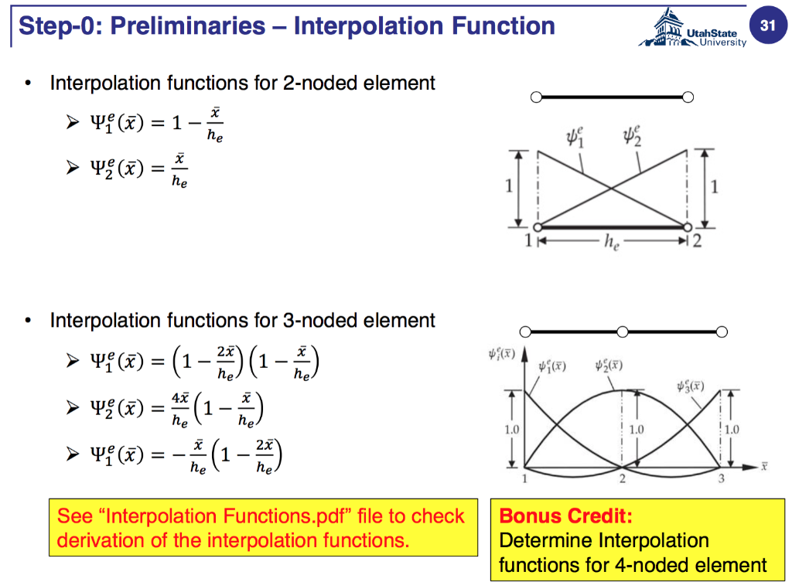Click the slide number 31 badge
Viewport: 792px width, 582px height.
coord(766,26)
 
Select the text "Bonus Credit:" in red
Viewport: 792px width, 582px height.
coord(565,516)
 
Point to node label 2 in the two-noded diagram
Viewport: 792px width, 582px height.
coord(697,240)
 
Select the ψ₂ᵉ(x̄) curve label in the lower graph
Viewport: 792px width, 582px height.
coord(609,365)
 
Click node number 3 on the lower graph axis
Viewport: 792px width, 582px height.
coord(721,479)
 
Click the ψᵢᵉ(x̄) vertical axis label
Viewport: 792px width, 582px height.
coord(502,355)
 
